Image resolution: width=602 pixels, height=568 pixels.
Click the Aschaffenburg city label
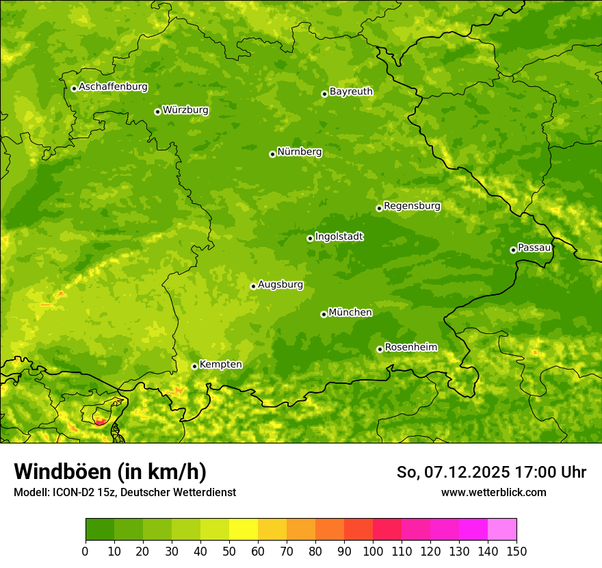coord(113,87)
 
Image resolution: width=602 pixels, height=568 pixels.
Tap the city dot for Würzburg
coord(157,112)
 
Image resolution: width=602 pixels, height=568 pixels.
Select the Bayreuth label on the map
coord(351,92)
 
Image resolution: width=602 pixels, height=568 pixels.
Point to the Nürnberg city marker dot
coord(272,154)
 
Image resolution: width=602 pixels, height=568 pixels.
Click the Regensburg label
coord(412,206)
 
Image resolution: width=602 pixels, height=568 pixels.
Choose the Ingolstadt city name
coord(339,237)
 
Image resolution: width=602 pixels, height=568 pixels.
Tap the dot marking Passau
coord(513,250)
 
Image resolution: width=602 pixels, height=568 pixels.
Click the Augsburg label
coord(280,285)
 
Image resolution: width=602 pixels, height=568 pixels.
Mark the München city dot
coord(324,314)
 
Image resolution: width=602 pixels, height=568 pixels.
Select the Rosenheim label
coord(410,348)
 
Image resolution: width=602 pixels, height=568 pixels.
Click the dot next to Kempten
coord(194,366)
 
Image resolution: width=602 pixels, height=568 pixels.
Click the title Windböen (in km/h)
coord(110,472)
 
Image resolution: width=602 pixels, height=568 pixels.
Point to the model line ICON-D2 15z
coord(125,493)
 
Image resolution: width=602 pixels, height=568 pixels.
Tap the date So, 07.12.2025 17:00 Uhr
coord(491,472)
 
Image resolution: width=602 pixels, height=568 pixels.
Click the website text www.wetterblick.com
coord(493,493)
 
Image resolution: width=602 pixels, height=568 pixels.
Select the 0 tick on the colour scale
coord(85,551)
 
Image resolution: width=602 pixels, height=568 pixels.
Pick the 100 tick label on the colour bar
coord(373,551)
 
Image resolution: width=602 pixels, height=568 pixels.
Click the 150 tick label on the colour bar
coord(516,551)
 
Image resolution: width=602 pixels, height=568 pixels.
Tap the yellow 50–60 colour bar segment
coord(244,530)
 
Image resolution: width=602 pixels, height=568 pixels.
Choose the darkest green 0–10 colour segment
coord(100,530)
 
